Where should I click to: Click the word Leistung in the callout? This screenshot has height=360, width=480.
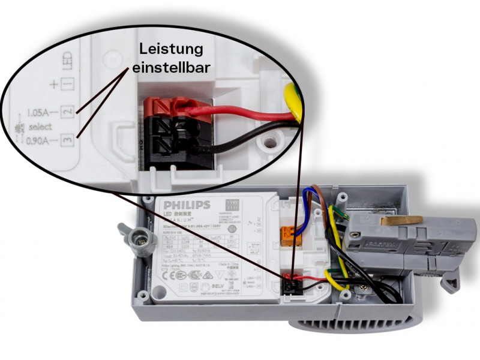click(171, 49)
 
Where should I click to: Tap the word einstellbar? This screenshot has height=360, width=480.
click(171, 68)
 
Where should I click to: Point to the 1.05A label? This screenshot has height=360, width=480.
click(41, 112)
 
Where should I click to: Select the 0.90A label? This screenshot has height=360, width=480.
click(41, 142)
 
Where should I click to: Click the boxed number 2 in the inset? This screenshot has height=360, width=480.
click(68, 112)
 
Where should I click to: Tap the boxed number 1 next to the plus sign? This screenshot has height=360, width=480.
click(68, 85)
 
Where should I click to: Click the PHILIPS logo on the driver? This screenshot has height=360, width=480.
click(187, 205)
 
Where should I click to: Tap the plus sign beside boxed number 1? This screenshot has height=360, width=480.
click(54, 85)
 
